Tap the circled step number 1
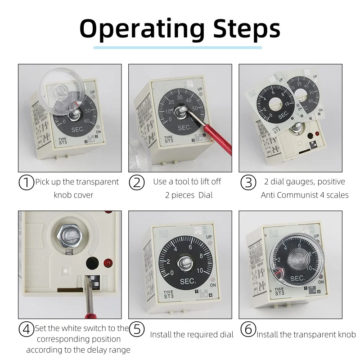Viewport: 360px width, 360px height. (x=26, y=182)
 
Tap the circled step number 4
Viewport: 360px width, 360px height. (x=26, y=329)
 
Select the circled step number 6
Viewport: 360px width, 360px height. (x=247, y=329)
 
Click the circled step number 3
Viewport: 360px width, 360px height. (x=247, y=182)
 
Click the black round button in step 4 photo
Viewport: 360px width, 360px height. (x=92, y=263)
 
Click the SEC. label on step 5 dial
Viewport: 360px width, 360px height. (x=184, y=280)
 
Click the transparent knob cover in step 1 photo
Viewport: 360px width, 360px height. (x=63, y=90)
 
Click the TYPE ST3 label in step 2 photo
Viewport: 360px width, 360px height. (x=169, y=140)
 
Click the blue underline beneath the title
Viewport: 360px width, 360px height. (x=177, y=47)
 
